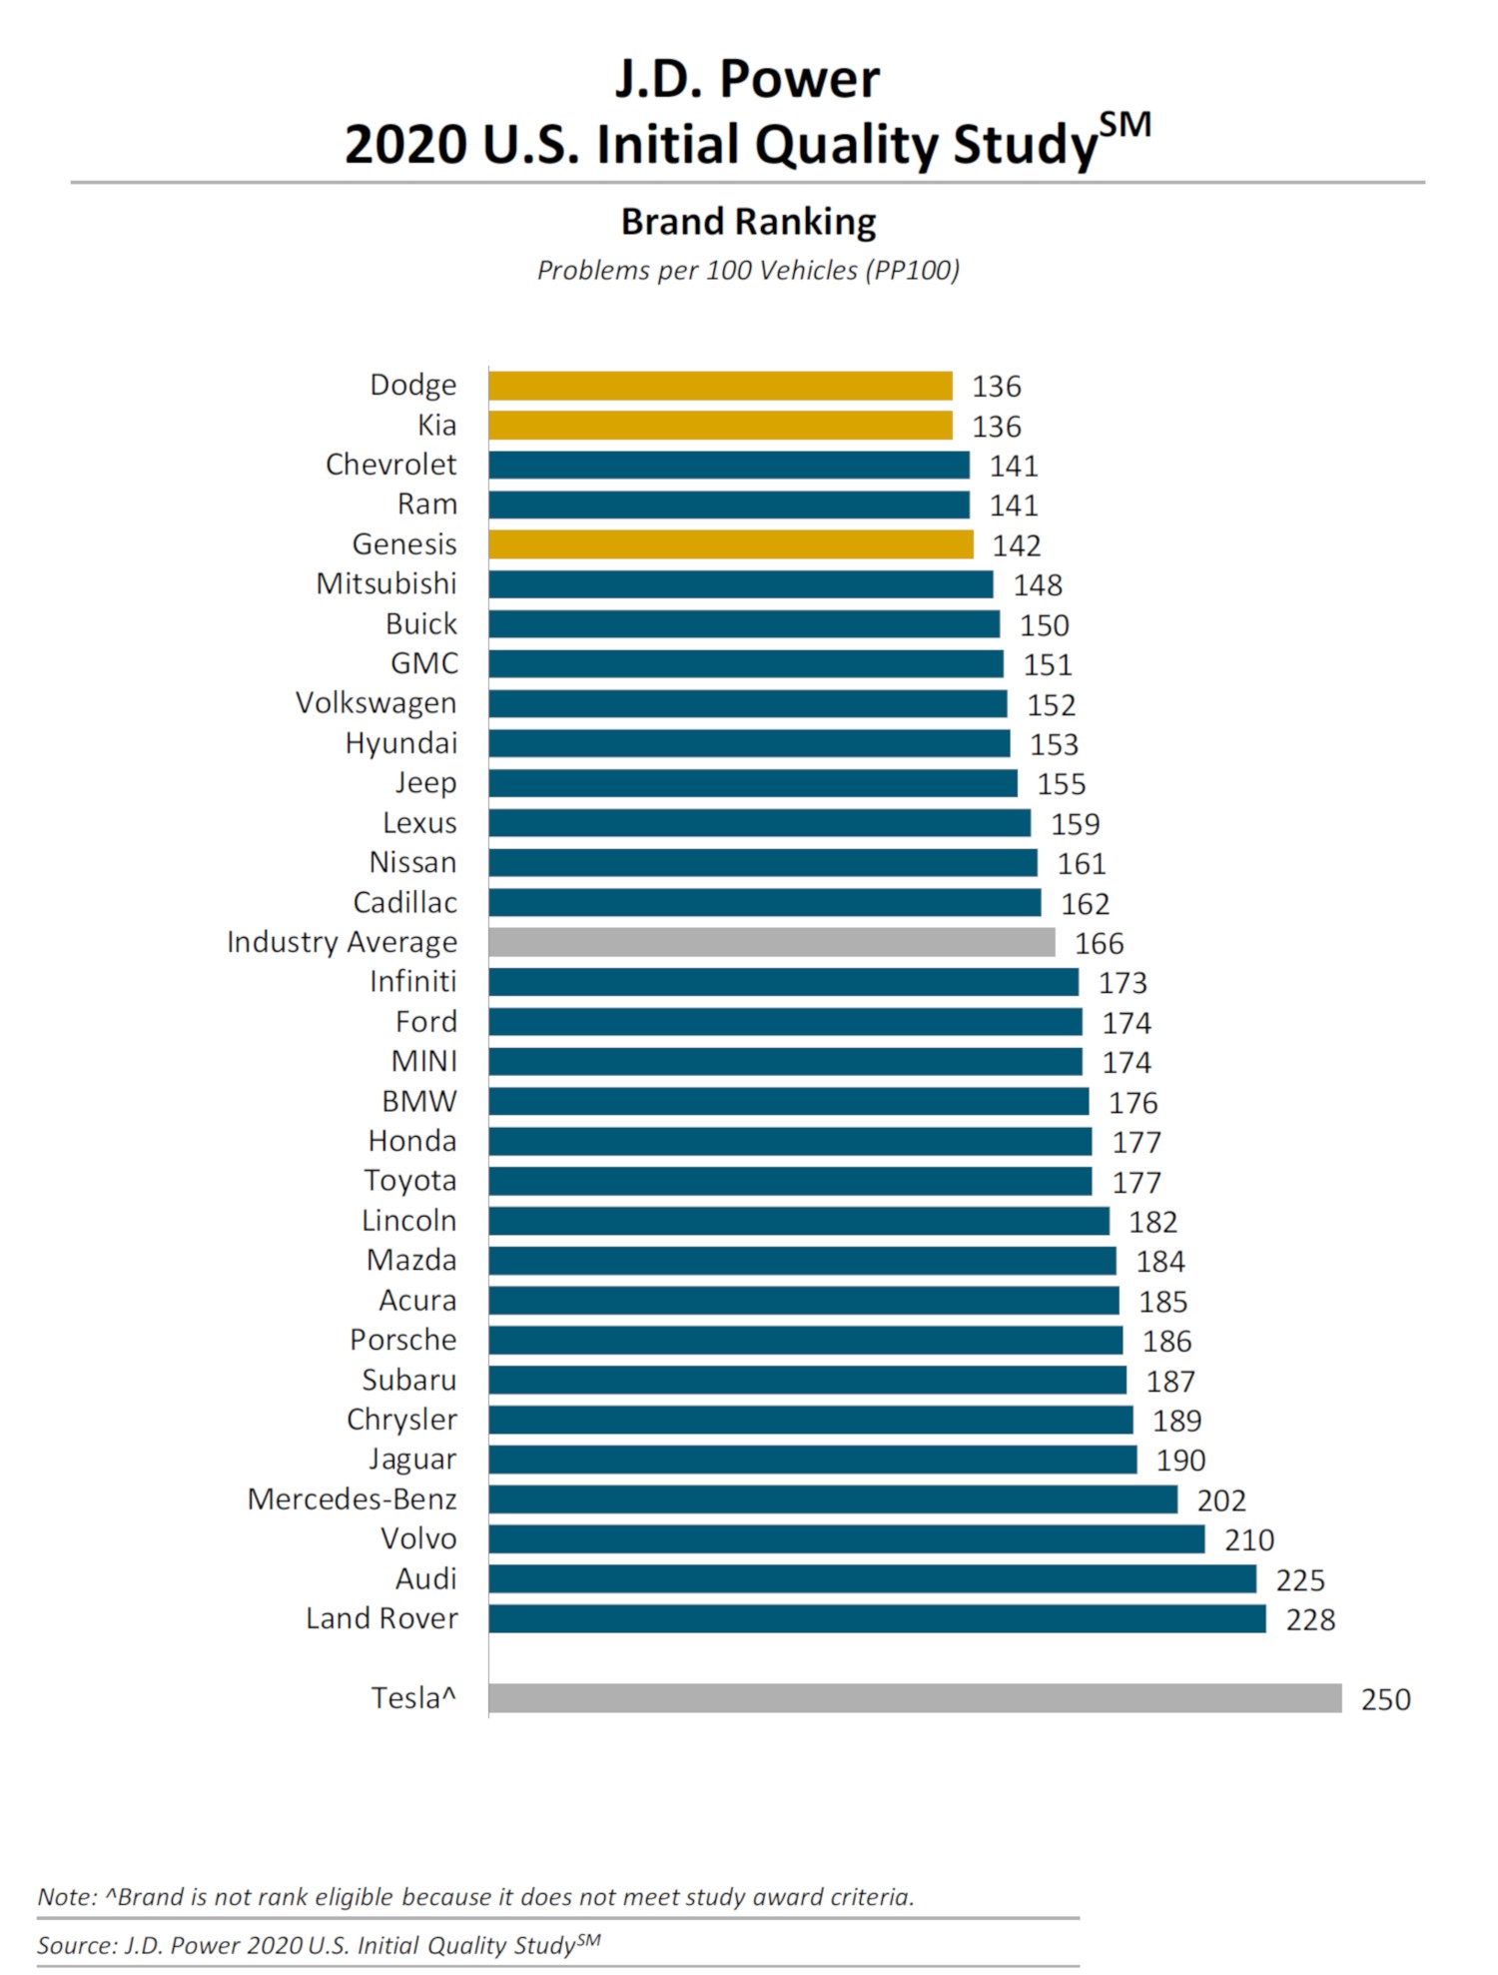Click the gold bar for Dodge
[x=720, y=386]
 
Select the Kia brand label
[x=437, y=426]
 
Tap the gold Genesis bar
[x=730, y=544]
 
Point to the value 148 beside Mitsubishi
[x=1038, y=585]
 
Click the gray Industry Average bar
[x=771, y=942]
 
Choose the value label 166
[x=1099, y=943]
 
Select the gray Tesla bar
[x=915, y=1698]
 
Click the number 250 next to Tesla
[x=1385, y=1699]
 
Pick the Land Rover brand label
[x=381, y=1618]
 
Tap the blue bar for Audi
[x=872, y=1578]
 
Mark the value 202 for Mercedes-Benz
[x=1221, y=1500]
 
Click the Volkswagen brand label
[x=375, y=703]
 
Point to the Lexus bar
[x=759, y=823]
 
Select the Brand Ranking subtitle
[x=748, y=222]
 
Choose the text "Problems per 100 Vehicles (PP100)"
[x=748, y=271]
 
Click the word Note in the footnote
[x=66, y=1897]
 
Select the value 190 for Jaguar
[x=1180, y=1461]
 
